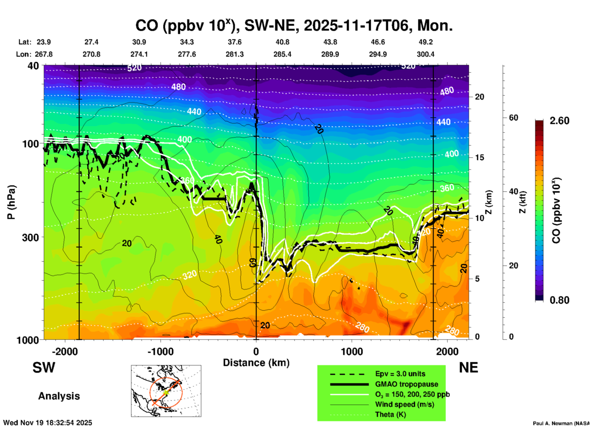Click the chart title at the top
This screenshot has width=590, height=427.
pyautogui.click(x=294, y=26)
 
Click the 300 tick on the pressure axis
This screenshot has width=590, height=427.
pyautogui.click(x=31, y=237)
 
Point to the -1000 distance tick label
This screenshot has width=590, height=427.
pyautogui.click(x=160, y=352)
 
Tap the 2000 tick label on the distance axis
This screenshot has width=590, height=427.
pyautogui.click(x=447, y=352)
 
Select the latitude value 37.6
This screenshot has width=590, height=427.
pyautogui.click(x=235, y=42)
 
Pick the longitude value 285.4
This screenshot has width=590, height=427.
pyautogui.click(x=282, y=55)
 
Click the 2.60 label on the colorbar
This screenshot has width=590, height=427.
pyautogui.click(x=559, y=121)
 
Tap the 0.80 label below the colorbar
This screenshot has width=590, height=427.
pyautogui.click(x=559, y=300)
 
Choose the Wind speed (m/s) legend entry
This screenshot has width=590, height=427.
pyautogui.click(x=404, y=404)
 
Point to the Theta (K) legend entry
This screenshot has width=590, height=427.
pyautogui.click(x=390, y=414)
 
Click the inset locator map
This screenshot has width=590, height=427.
pyautogui.click(x=166, y=391)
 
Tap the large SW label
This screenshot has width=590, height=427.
pyautogui.click(x=44, y=368)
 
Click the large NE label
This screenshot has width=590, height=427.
pyautogui.click(x=468, y=368)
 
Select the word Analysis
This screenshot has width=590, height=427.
pyautogui.click(x=59, y=396)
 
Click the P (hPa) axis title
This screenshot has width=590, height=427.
pyautogui.click(x=11, y=202)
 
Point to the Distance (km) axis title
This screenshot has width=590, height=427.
pyautogui.click(x=256, y=363)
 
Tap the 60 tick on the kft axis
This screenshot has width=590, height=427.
pyautogui.click(x=513, y=118)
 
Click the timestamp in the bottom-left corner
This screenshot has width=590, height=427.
pyautogui.click(x=47, y=423)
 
